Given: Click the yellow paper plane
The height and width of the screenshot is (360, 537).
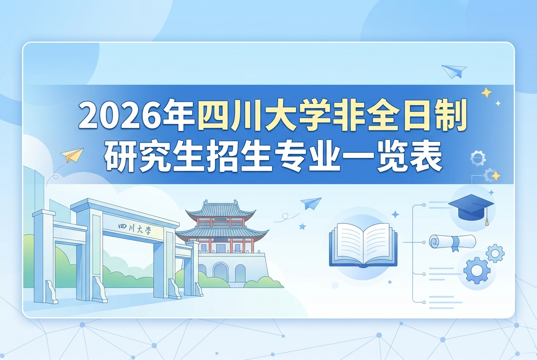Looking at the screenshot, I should point(72,155).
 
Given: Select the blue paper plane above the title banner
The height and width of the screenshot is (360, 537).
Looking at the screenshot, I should point(454,71).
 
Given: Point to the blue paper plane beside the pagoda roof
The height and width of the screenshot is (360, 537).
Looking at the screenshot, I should point(311,203).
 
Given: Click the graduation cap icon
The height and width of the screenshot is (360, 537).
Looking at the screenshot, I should point(471,206).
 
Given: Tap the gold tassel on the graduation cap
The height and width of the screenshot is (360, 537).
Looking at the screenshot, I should point(487,221).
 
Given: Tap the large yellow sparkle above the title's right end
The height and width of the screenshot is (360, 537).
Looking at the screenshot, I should point(486,93).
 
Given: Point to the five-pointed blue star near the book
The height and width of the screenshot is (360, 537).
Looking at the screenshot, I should point(302,226).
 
